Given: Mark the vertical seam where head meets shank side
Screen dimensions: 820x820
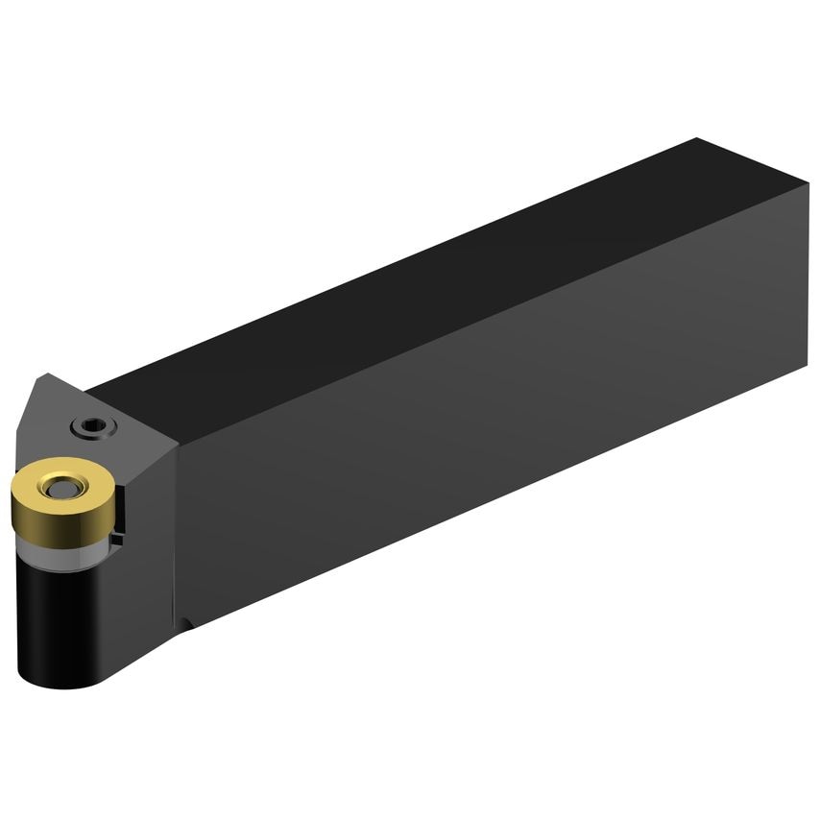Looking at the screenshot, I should (176, 528).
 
